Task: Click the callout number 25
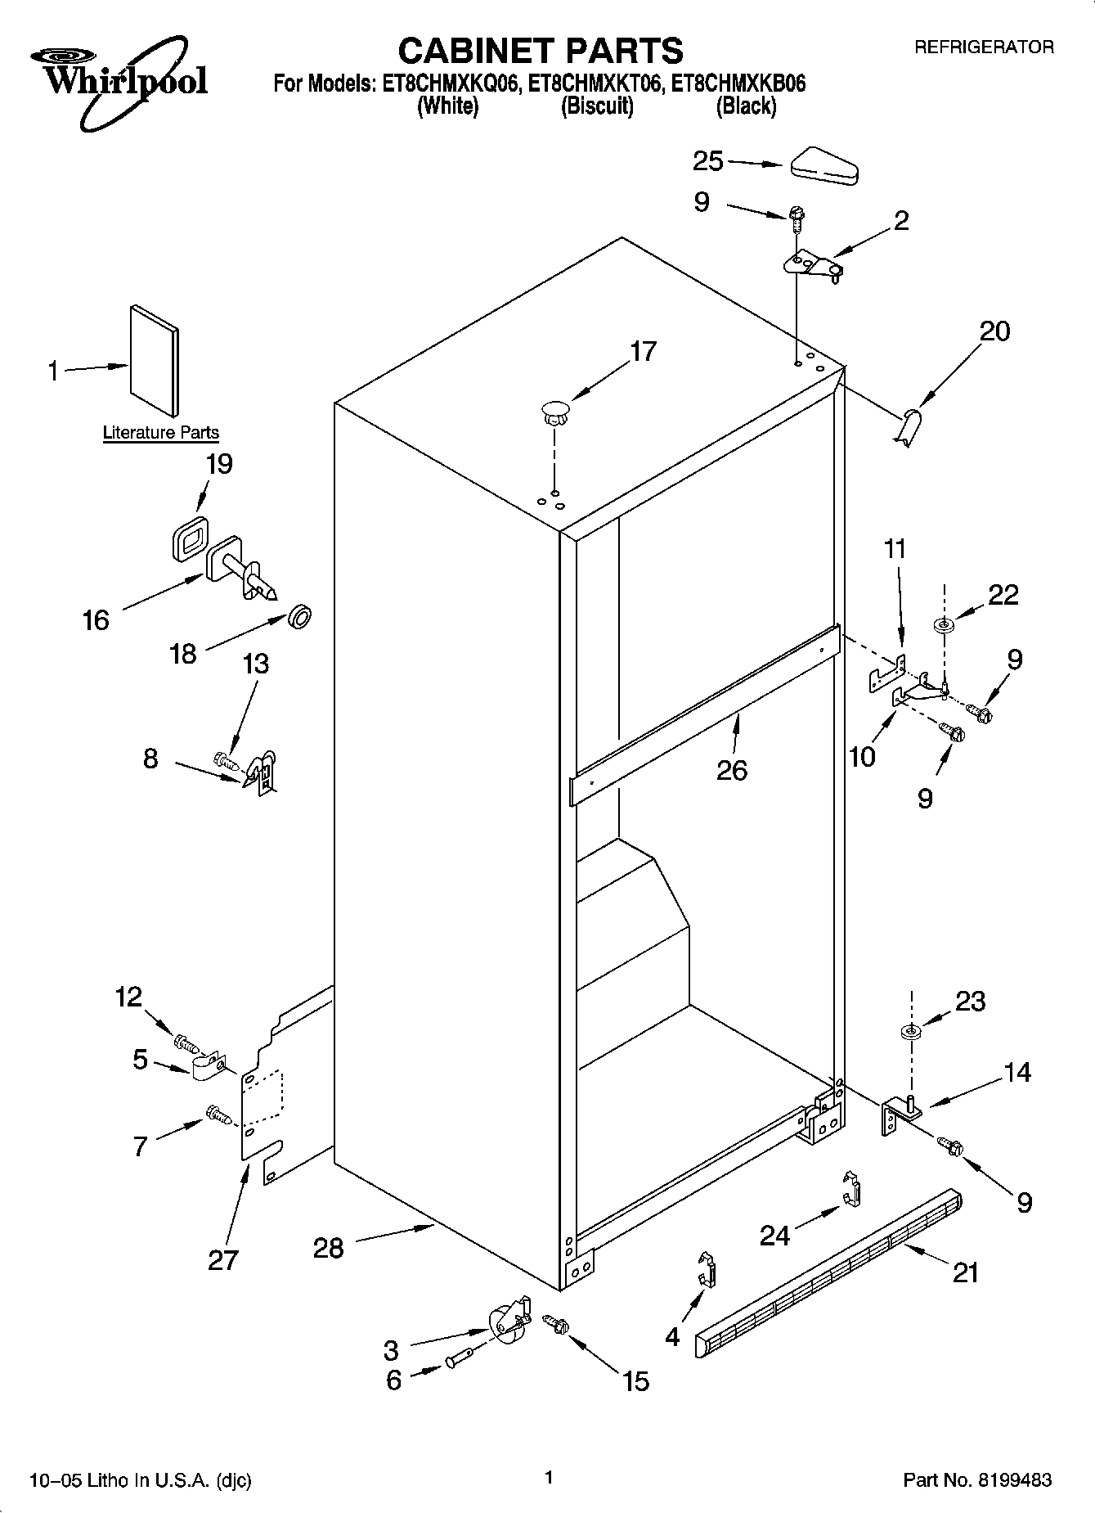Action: point(707,160)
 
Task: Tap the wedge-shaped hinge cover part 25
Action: point(823,164)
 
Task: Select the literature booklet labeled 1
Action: point(153,361)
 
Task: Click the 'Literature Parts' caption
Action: point(161,433)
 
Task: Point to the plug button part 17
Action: point(554,410)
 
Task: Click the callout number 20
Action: point(995,331)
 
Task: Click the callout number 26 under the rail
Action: point(732,770)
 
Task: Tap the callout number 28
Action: point(328,1248)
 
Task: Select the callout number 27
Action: point(222,1259)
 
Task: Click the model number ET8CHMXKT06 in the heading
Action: point(595,83)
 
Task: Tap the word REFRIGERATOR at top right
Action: point(984,47)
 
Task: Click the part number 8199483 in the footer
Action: point(1011,1479)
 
